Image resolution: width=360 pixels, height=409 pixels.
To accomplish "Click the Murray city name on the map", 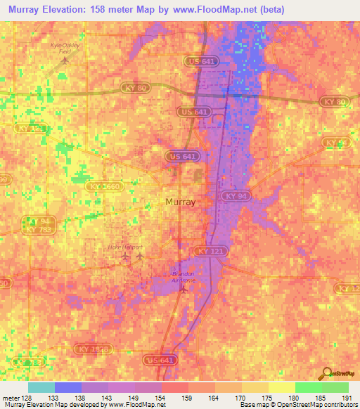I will click(x=180, y=202).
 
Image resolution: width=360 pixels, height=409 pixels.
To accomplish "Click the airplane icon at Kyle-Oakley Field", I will click(x=65, y=60).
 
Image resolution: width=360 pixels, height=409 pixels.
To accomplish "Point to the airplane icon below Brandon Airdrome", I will click(x=182, y=289).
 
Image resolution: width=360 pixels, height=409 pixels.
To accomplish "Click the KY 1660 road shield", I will click(x=105, y=187).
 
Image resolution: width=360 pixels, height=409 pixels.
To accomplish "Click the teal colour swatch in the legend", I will click(x=41, y=387).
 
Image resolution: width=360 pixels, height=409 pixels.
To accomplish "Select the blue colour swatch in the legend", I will click(x=68, y=387).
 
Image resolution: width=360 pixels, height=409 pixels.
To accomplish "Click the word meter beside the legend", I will click(x=10, y=396).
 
